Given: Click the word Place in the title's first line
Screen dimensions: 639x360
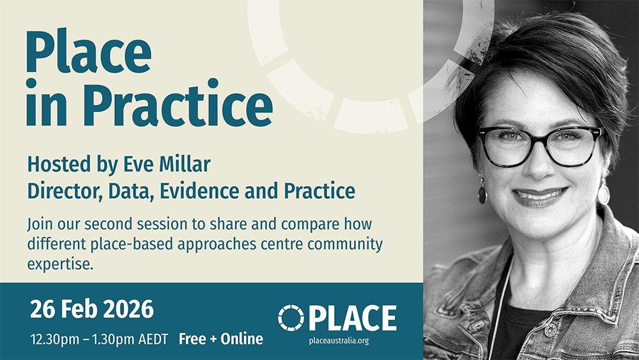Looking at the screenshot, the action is coord(89,51).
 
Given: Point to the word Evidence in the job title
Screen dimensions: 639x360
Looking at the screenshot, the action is coord(199,191).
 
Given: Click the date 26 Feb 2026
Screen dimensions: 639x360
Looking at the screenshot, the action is coord(91,309).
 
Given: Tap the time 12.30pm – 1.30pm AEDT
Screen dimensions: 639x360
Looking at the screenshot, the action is coord(99,339).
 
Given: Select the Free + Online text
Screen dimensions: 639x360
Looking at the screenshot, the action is coord(221,339).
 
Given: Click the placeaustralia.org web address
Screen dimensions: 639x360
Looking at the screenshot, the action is coord(339,340).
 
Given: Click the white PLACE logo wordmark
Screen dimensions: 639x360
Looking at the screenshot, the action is coord(353,318).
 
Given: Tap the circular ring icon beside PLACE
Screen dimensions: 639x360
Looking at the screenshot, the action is coord(291,318).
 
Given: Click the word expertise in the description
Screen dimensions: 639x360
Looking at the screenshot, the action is coord(60,264).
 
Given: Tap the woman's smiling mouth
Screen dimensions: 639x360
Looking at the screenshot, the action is coord(539,196).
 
